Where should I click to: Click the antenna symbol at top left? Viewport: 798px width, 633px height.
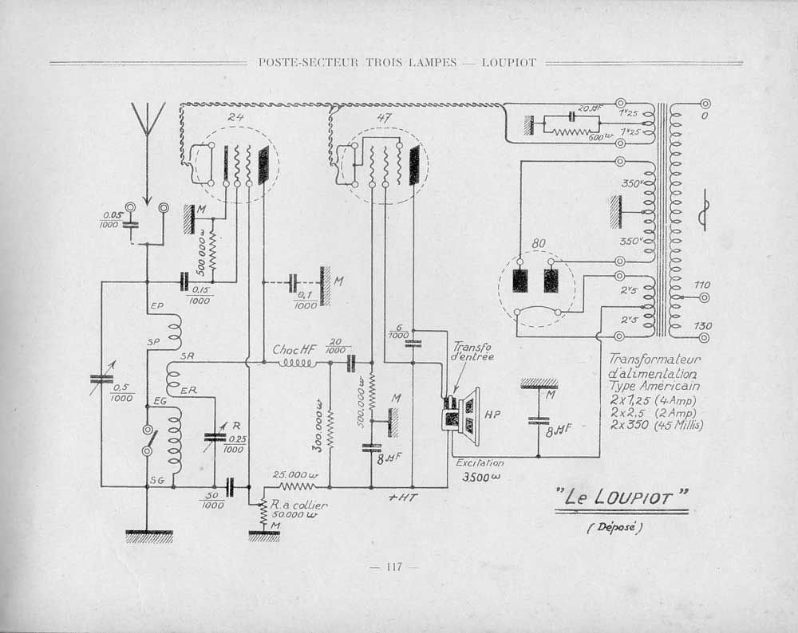click(147, 120)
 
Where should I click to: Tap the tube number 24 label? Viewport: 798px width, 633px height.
click(235, 117)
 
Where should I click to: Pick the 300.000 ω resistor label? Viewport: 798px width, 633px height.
click(318, 431)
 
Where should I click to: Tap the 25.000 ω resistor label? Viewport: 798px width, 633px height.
click(295, 474)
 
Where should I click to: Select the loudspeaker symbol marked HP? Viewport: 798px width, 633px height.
click(463, 415)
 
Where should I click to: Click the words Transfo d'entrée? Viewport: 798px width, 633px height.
click(473, 352)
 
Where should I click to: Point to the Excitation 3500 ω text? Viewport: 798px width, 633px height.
click(480, 470)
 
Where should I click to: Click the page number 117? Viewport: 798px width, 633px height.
click(393, 567)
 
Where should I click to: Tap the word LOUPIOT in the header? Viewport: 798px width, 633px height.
click(508, 62)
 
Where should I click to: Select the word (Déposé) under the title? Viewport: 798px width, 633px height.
click(615, 527)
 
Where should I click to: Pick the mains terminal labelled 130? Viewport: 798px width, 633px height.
click(705, 337)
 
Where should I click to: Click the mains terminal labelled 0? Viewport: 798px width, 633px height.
click(705, 104)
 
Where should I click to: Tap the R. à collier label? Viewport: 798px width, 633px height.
click(299, 505)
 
